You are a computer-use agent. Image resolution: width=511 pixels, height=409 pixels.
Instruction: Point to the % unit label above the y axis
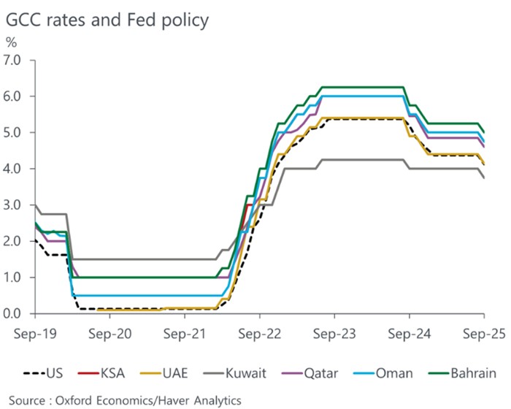pos(11,43)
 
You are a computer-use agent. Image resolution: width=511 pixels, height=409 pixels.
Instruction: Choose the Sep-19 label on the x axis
pos(34,332)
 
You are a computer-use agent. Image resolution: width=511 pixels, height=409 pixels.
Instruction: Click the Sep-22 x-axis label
pos(260,332)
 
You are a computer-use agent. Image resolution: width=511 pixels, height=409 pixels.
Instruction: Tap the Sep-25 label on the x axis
pos(485,332)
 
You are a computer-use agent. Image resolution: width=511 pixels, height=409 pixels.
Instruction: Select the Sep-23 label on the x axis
pos(335,332)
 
